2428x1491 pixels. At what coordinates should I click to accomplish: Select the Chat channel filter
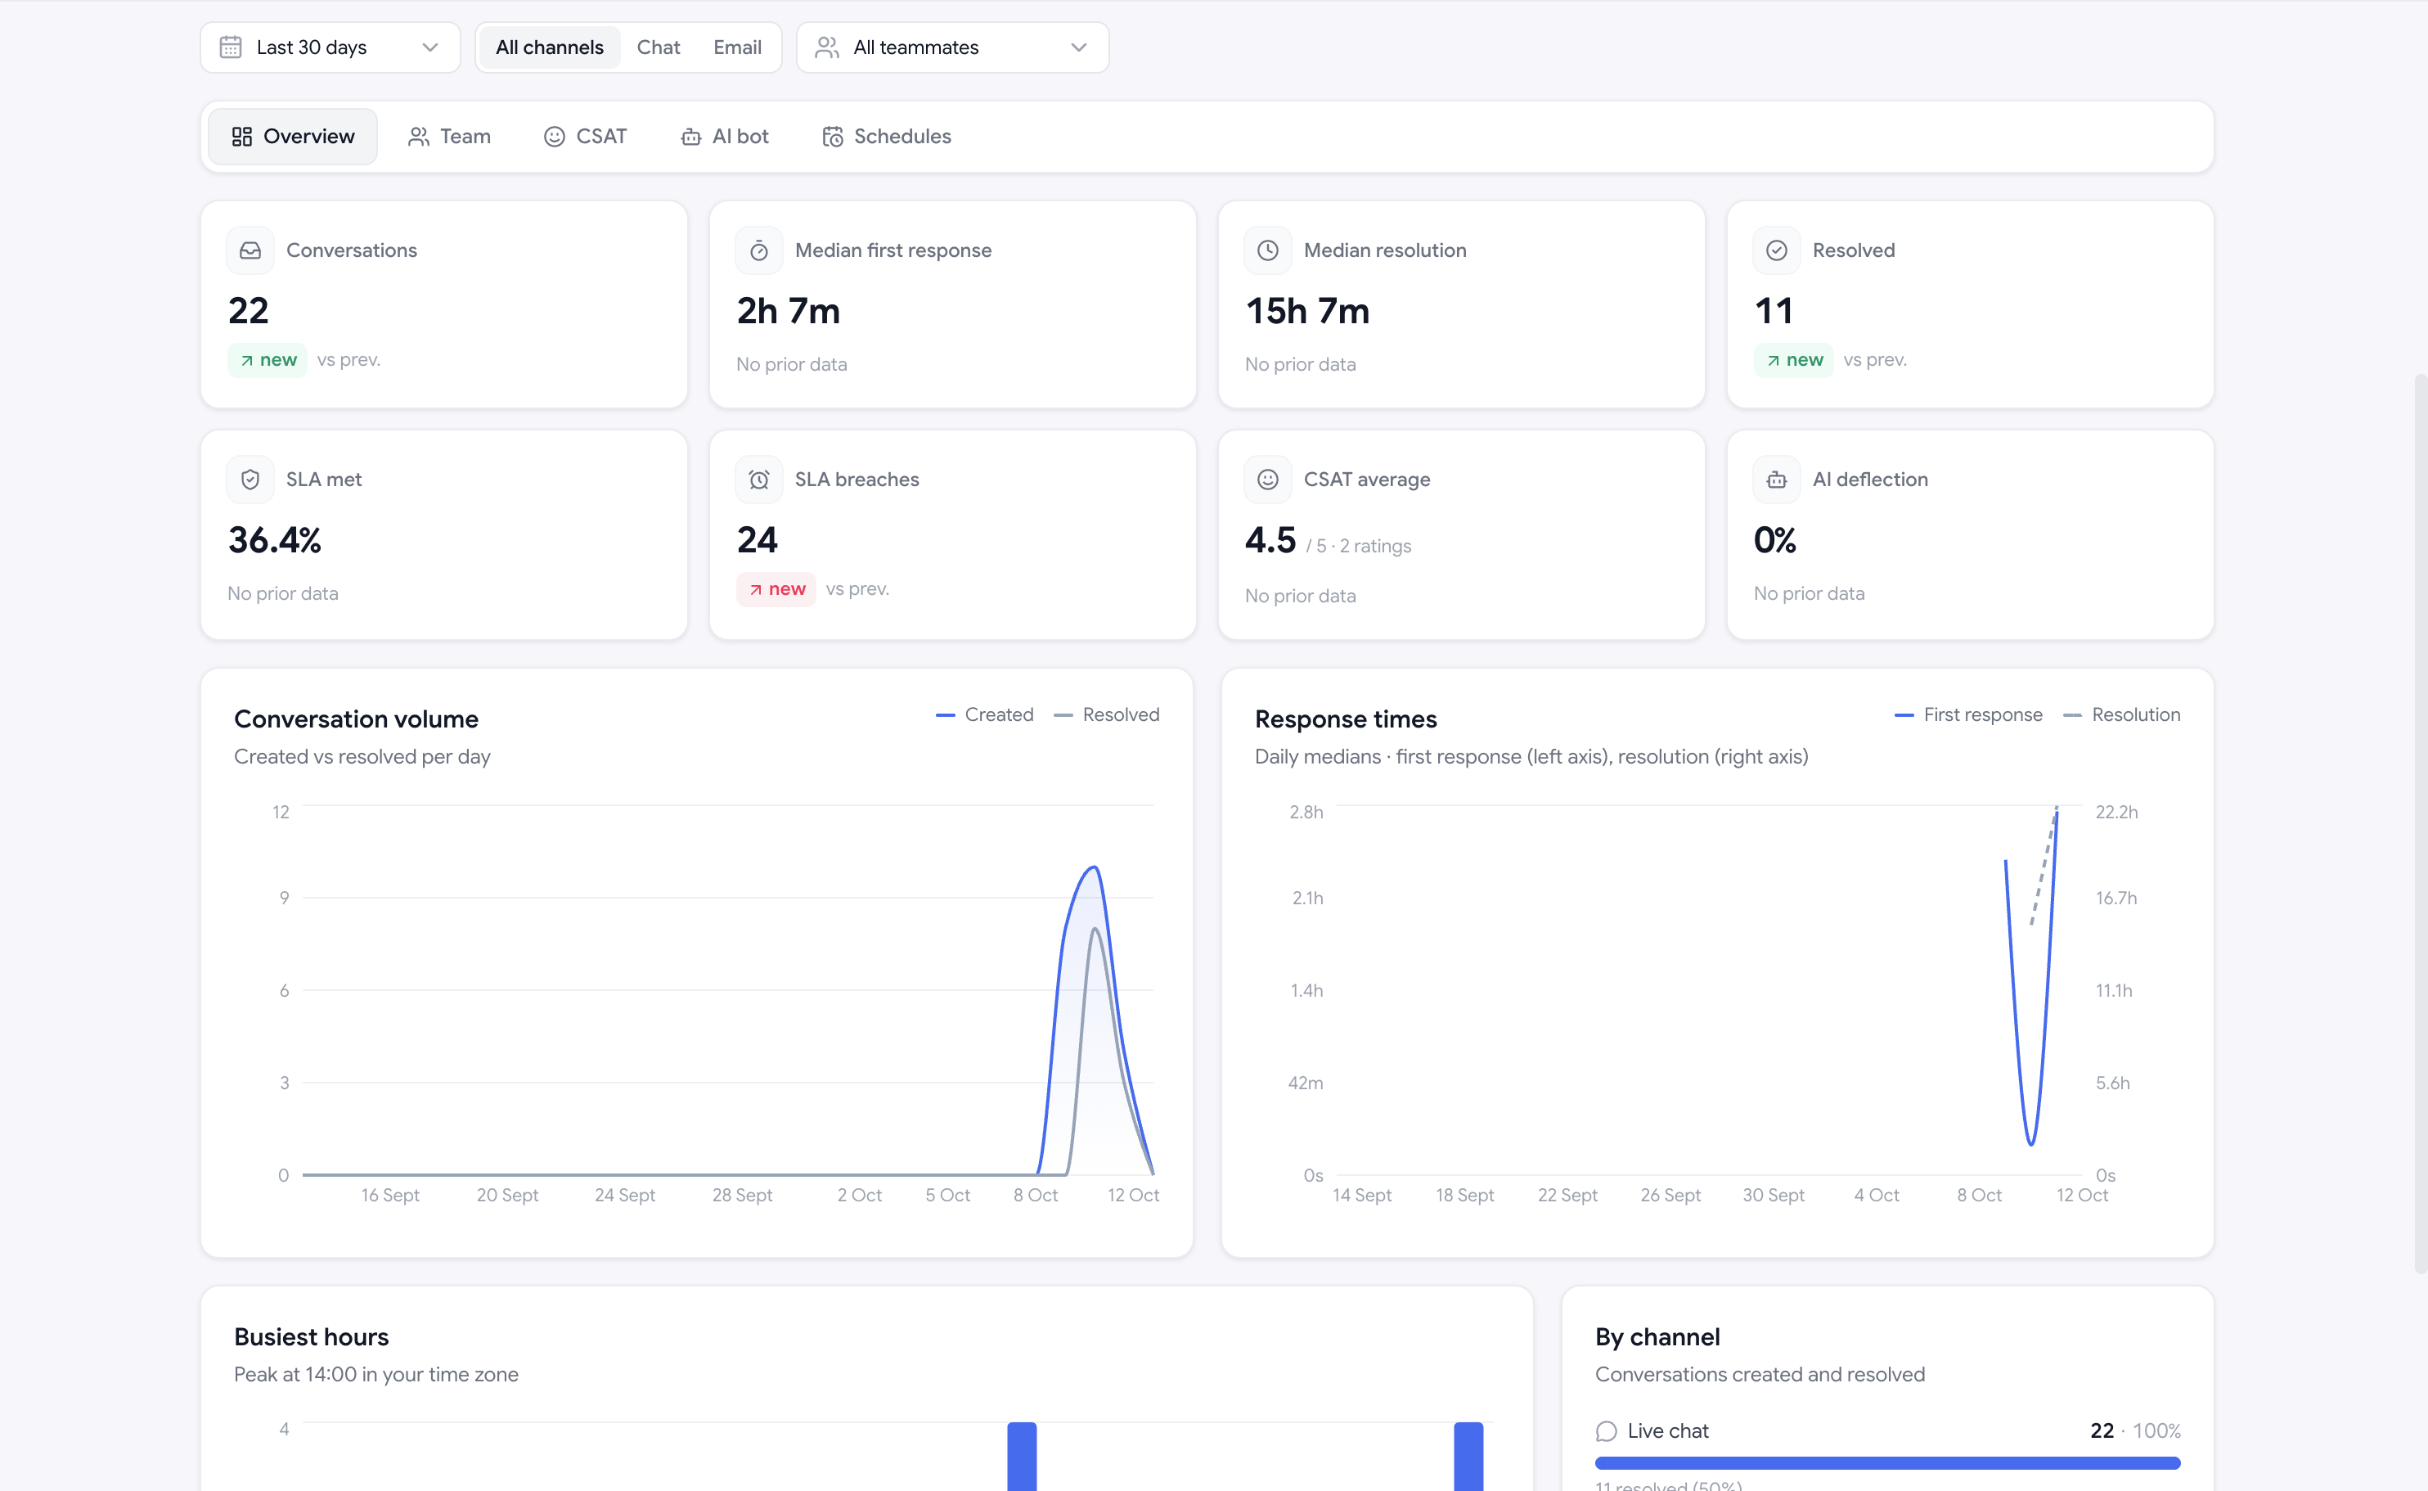pyautogui.click(x=658, y=47)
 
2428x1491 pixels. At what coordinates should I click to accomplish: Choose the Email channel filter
pyautogui.click(x=736, y=47)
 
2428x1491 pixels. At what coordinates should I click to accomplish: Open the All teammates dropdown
pyautogui.click(x=952, y=47)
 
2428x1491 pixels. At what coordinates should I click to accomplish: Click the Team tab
pyautogui.click(x=449, y=136)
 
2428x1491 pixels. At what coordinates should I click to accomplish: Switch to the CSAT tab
pyautogui.click(x=586, y=136)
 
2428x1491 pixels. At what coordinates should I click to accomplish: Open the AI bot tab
pyautogui.click(x=725, y=136)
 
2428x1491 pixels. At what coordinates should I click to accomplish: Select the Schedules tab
pyautogui.click(x=886, y=136)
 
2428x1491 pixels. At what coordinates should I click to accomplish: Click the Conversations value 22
pyautogui.click(x=249, y=311)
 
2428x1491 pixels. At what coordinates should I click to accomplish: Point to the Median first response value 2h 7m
pyautogui.click(x=789, y=311)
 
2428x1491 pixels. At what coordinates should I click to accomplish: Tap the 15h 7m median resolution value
pyautogui.click(x=1307, y=311)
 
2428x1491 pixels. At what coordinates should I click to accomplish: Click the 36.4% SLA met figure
pyautogui.click(x=275, y=539)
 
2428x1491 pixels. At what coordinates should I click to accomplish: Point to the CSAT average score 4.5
pyautogui.click(x=1270, y=539)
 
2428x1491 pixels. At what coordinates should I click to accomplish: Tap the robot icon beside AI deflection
pyautogui.click(x=1776, y=480)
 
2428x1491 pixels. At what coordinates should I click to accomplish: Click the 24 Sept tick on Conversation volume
pyautogui.click(x=625, y=1195)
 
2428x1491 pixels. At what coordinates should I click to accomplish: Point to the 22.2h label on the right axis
pyautogui.click(x=2116, y=812)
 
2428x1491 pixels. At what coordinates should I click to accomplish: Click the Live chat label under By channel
pyautogui.click(x=1668, y=1430)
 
